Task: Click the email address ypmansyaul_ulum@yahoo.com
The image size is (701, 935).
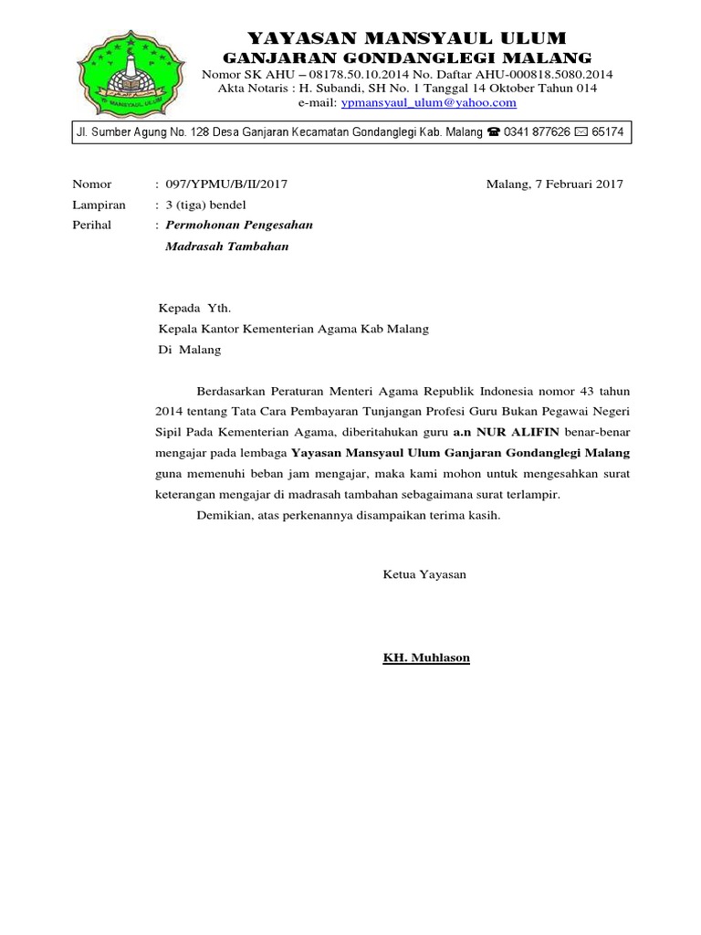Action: click(428, 103)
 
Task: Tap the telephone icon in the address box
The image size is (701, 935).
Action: click(493, 133)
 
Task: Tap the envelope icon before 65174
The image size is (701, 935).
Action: click(581, 133)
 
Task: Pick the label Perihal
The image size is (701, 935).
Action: click(91, 225)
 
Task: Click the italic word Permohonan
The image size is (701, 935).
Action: click(202, 225)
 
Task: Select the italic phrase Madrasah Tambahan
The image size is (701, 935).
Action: click(226, 246)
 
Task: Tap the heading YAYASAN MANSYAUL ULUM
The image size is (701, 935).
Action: click(407, 38)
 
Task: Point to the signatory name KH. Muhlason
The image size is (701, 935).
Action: click(426, 657)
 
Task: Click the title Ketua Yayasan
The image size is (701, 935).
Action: click(424, 574)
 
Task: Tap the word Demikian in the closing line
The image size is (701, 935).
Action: click(225, 516)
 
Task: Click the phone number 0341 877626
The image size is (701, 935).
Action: click(537, 133)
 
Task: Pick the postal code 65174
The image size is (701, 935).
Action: click(608, 133)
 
